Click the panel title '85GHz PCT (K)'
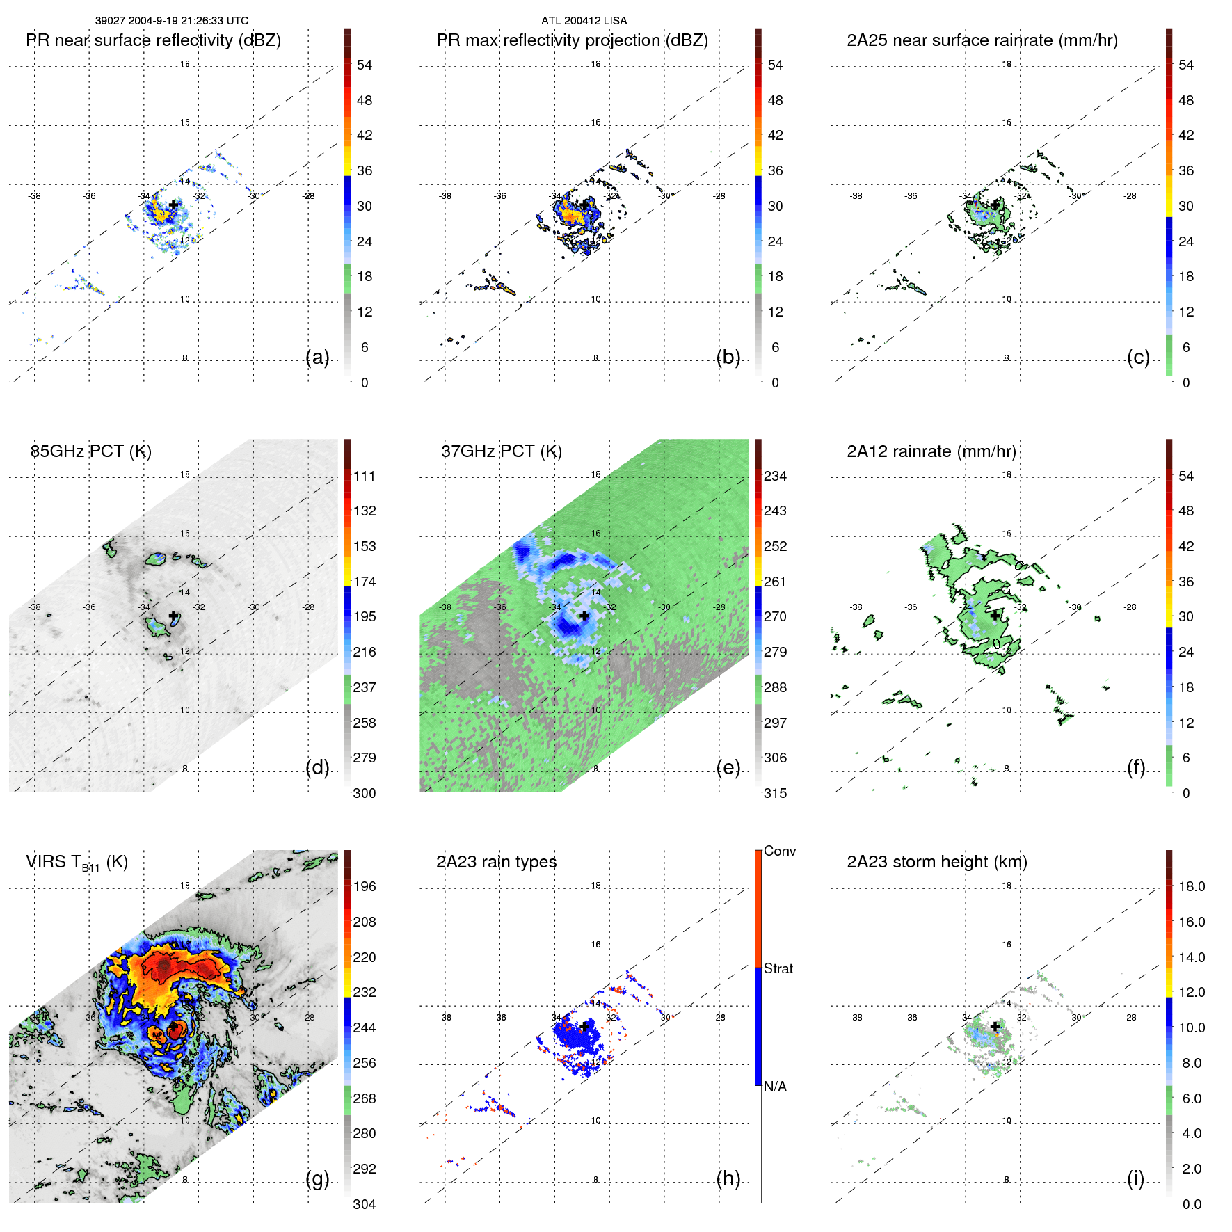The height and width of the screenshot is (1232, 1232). point(90,451)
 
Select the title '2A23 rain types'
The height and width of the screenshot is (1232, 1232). point(496,862)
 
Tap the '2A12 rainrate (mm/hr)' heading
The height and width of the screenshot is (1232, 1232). point(931,451)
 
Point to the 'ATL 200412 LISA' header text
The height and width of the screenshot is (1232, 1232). point(584,21)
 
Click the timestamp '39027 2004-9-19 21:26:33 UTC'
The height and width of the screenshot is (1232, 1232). point(172,21)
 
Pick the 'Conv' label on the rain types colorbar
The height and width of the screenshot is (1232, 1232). point(779,851)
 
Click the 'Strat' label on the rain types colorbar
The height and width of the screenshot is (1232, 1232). point(778,969)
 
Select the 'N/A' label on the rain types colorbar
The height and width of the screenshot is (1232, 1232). point(775,1087)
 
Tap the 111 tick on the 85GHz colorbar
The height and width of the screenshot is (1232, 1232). point(365,477)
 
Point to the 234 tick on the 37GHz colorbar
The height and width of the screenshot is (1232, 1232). point(775,477)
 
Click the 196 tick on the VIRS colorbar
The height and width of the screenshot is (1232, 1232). point(365,887)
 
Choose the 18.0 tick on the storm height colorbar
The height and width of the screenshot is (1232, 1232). point(1191,887)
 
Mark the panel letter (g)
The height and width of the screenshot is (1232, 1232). point(317,1178)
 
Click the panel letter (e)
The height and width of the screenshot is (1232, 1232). point(728,768)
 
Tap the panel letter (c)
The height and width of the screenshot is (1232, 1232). point(1138,358)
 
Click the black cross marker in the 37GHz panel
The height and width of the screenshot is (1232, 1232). point(584,616)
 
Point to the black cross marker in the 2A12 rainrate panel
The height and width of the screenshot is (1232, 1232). point(995,616)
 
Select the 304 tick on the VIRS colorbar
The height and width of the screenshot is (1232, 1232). point(365,1204)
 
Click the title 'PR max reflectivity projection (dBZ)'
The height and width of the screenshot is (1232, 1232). point(572,40)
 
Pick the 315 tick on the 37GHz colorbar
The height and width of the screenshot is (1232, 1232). point(775,793)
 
